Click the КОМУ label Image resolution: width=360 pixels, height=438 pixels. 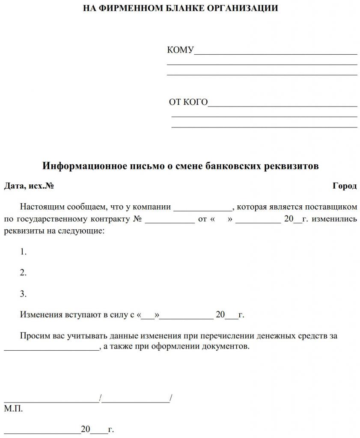tap(180, 50)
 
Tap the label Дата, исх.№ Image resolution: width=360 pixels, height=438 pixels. tap(29, 186)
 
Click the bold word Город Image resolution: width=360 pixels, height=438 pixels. tap(344, 186)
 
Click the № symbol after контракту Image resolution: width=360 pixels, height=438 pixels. tap(137, 219)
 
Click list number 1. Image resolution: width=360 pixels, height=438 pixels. tap(23, 252)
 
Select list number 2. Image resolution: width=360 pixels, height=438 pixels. tap(23, 273)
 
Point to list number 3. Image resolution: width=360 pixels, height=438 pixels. tap(23, 294)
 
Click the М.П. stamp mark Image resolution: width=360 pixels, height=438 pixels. tap(13, 408)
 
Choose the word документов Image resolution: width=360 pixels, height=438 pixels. tap(227, 346)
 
